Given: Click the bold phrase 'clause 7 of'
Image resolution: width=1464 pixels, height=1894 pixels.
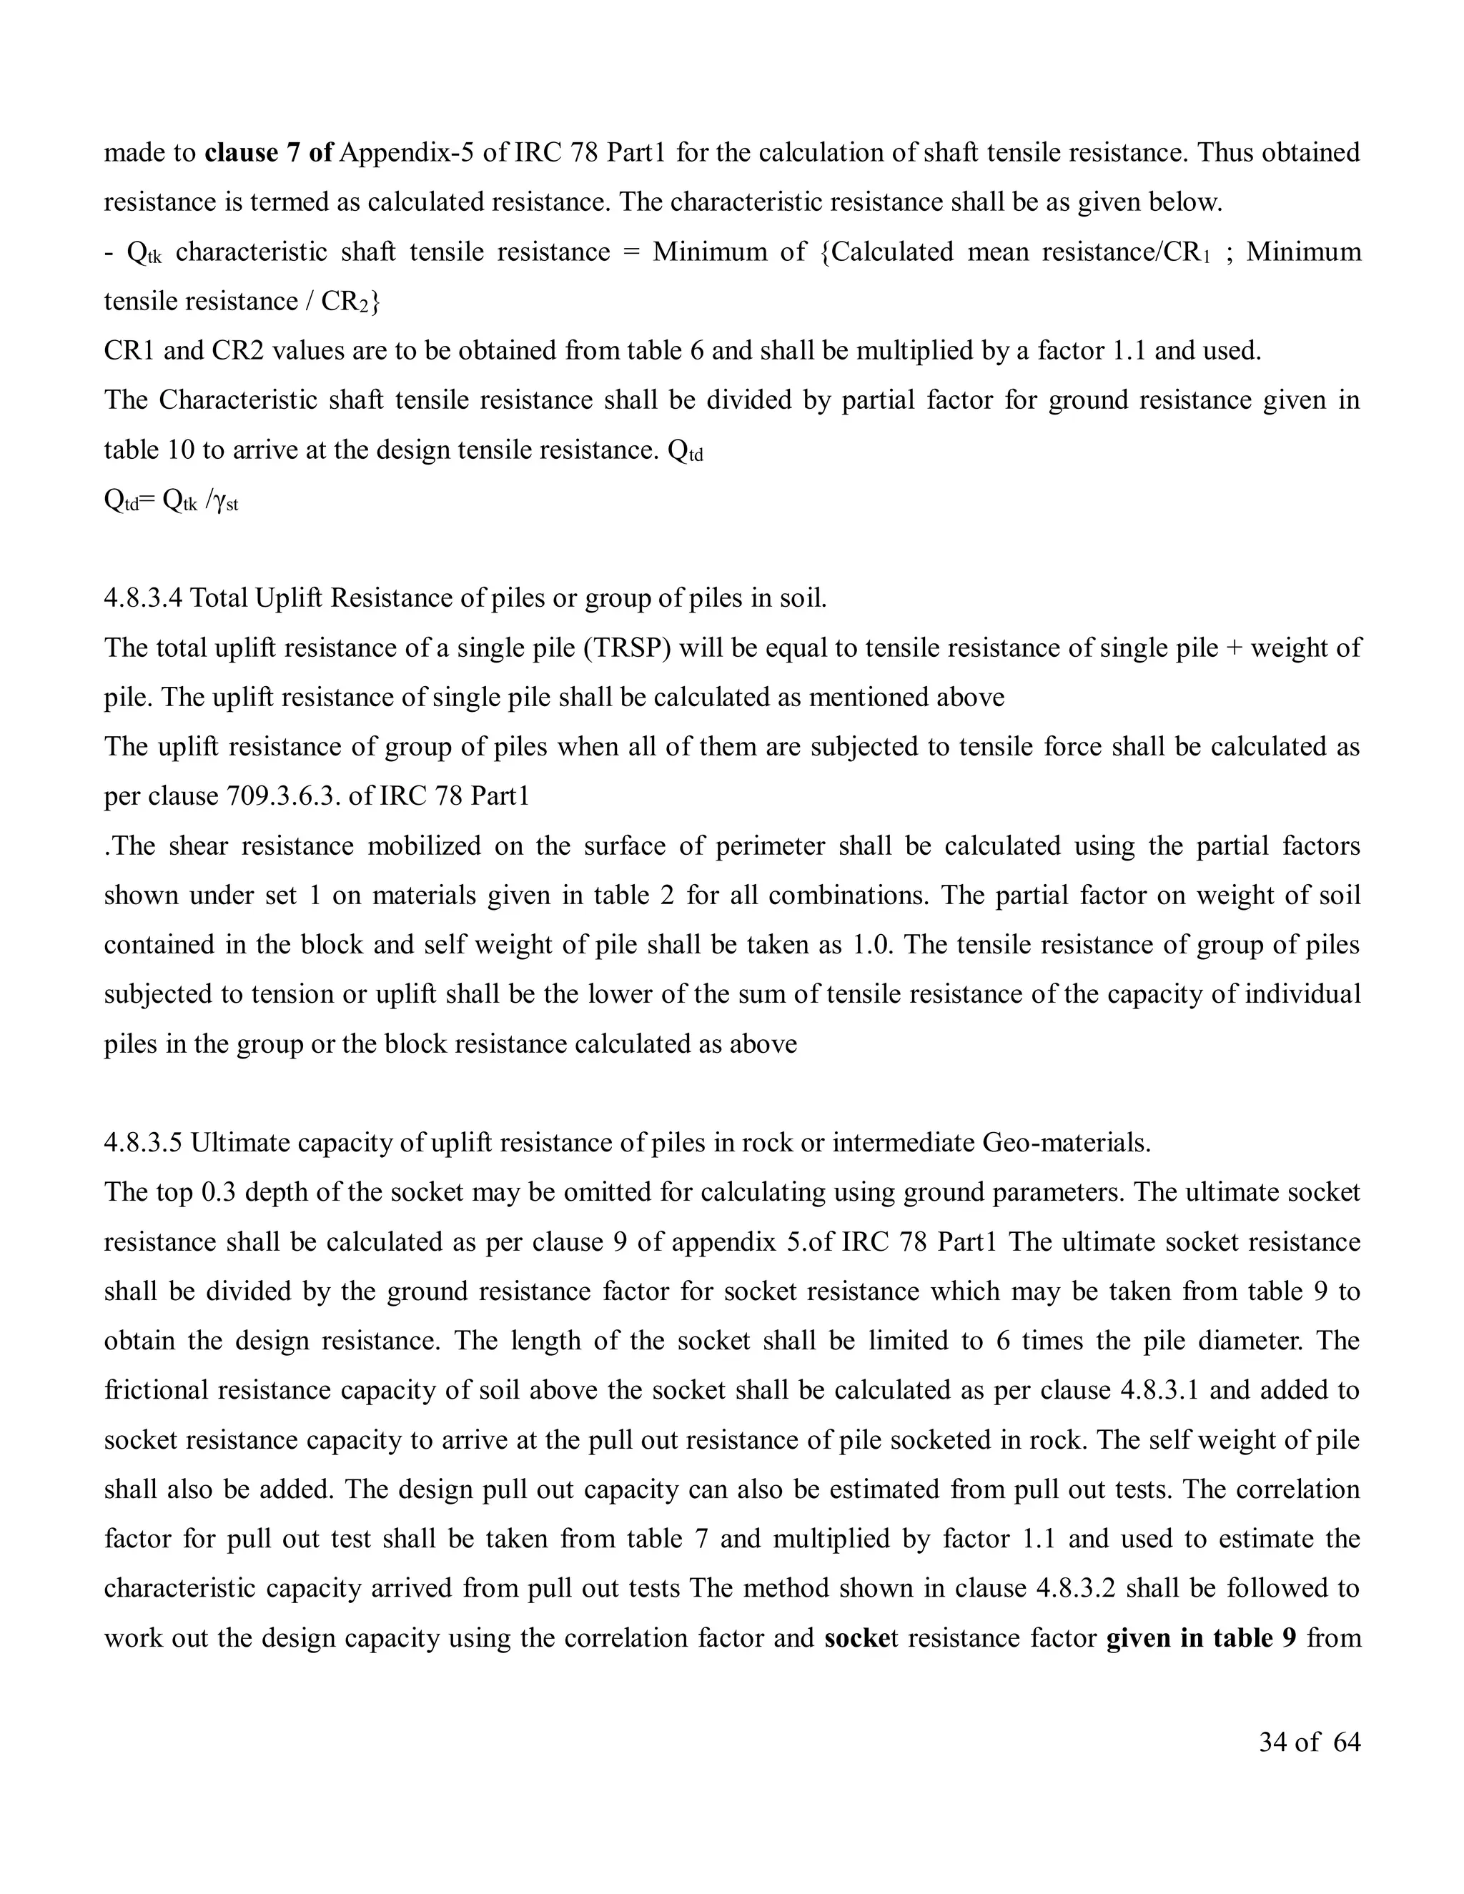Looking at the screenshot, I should [x=269, y=153].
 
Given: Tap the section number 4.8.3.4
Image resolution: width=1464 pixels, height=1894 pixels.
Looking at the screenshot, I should [x=143, y=598].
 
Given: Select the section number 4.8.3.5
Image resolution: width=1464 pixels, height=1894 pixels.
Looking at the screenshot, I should [x=143, y=1143].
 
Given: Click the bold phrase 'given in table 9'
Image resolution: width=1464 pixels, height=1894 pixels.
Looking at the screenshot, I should [x=1201, y=1638].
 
